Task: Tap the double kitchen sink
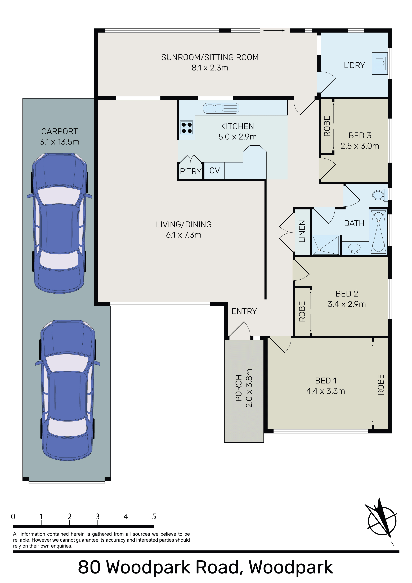coord(221,108)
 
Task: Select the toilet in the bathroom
coord(380,195)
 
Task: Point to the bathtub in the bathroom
coord(378,232)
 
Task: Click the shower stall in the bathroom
coord(326,245)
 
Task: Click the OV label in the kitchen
coord(214,171)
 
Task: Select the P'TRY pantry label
coord(190,171)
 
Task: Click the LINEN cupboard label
coord(302,231)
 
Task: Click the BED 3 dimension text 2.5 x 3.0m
coord(360,146)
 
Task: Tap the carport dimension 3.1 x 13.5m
coord(59,142)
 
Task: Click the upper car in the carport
coord(59,223)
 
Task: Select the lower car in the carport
coord(68,390)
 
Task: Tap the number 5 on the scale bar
coord(154,517)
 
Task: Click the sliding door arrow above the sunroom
coord(274,30)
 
